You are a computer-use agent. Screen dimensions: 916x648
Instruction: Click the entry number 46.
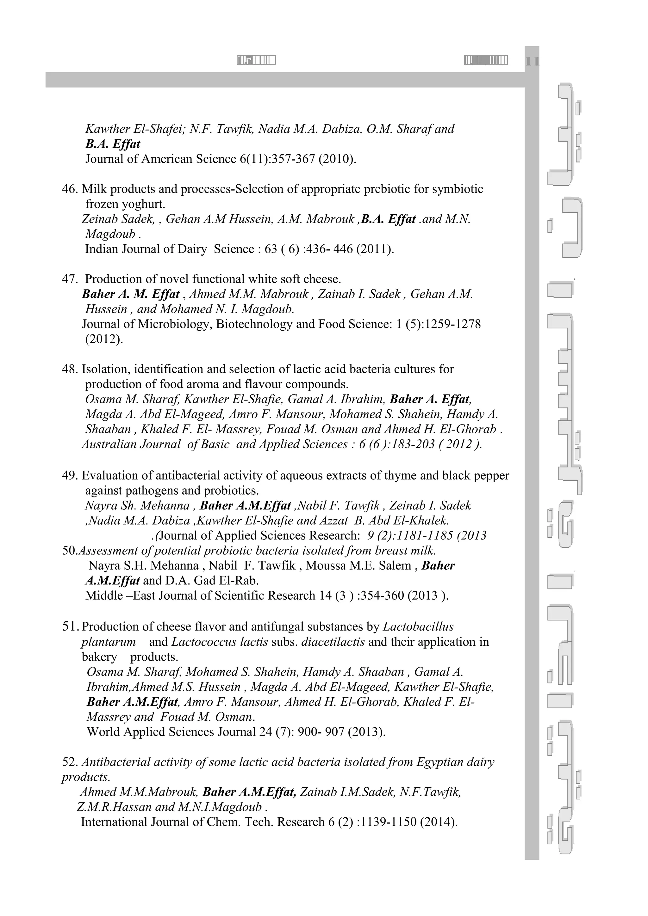(x=70, y=189)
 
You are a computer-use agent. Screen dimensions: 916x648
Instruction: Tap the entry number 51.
(x=70, y=627)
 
